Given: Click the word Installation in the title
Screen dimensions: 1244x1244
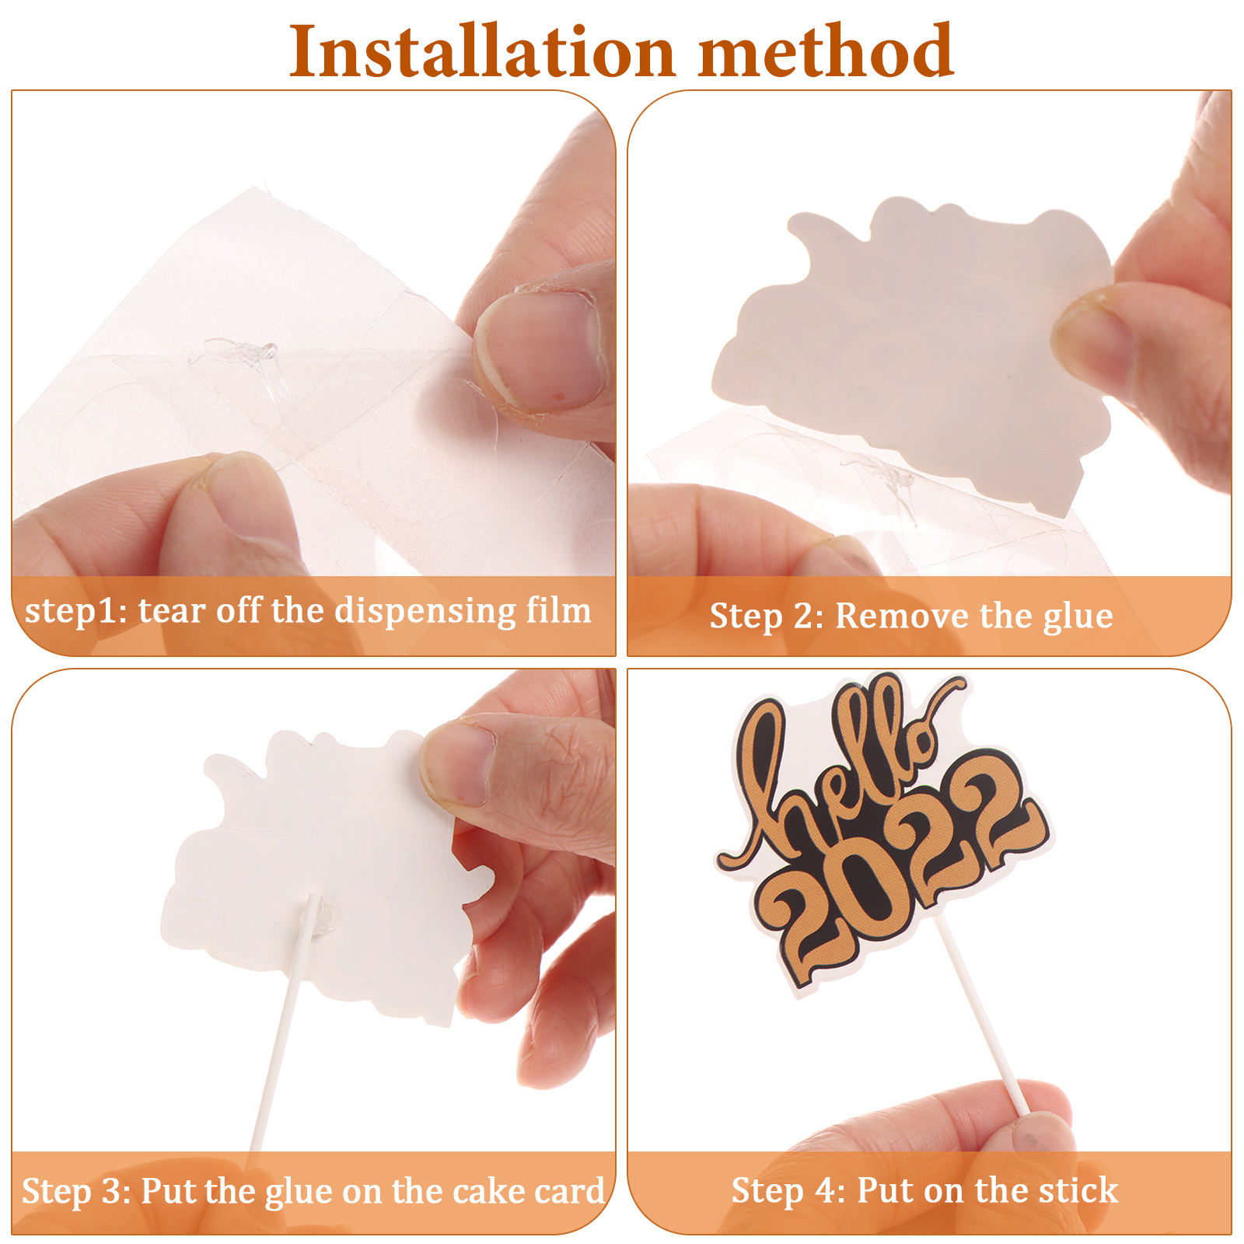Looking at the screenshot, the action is pos(482,51).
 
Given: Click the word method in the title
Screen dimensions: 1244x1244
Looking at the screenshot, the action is pos(826,51).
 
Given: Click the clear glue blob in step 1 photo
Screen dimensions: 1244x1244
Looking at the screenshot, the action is pos(233,355).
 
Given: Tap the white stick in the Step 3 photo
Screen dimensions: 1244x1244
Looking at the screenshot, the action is pos(284,1026).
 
